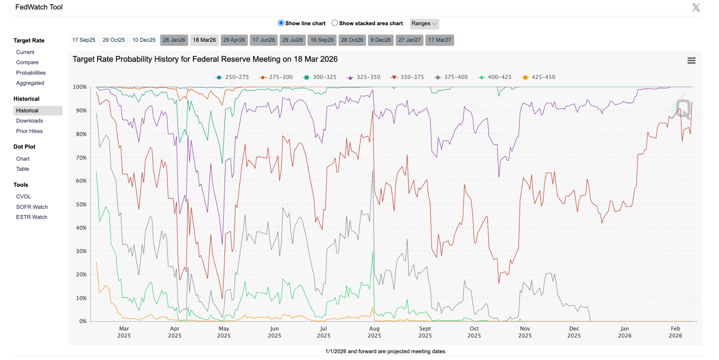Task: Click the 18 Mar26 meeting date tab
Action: coord(204,40)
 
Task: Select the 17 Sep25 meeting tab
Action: coord(84,40)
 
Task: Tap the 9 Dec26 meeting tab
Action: coord(381,40)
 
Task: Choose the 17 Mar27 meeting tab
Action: coord(440,40)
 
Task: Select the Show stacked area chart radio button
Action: coord(335,23)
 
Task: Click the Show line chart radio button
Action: coord(281,23)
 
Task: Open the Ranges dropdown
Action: coord(424,24)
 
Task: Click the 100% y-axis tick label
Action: coord(80,87)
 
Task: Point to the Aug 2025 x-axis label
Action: coord(374,332)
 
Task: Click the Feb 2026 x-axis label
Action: coord(675,332)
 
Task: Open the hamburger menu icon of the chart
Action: coord(691,61)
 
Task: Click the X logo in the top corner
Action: coord(696,7)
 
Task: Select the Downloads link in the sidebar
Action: coord(29,121)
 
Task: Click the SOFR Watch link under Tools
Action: coord(32,207)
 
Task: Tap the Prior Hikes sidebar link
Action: coord(29,131)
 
